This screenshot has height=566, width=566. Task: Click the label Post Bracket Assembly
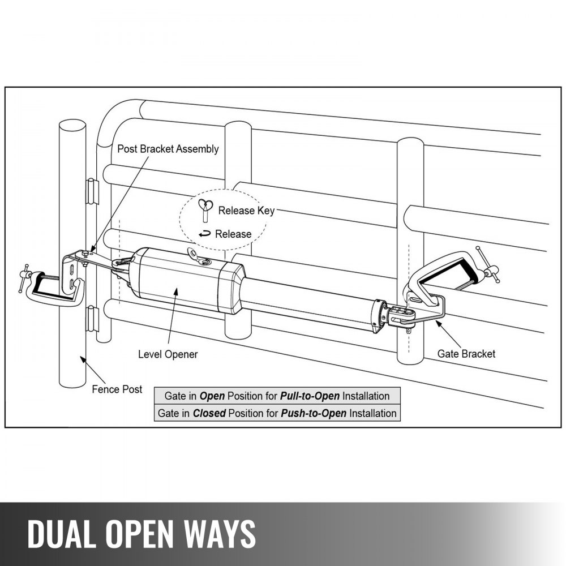168,149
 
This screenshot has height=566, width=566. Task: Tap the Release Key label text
246,211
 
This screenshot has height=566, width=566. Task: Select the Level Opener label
168,354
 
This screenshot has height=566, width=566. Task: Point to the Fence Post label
117,389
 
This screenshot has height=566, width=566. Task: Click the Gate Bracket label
466,354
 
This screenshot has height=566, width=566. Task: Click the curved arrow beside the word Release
204,233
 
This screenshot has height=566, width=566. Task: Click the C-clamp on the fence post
54,286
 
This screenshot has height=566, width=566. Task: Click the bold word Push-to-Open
309,413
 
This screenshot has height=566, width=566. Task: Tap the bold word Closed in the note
209,413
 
